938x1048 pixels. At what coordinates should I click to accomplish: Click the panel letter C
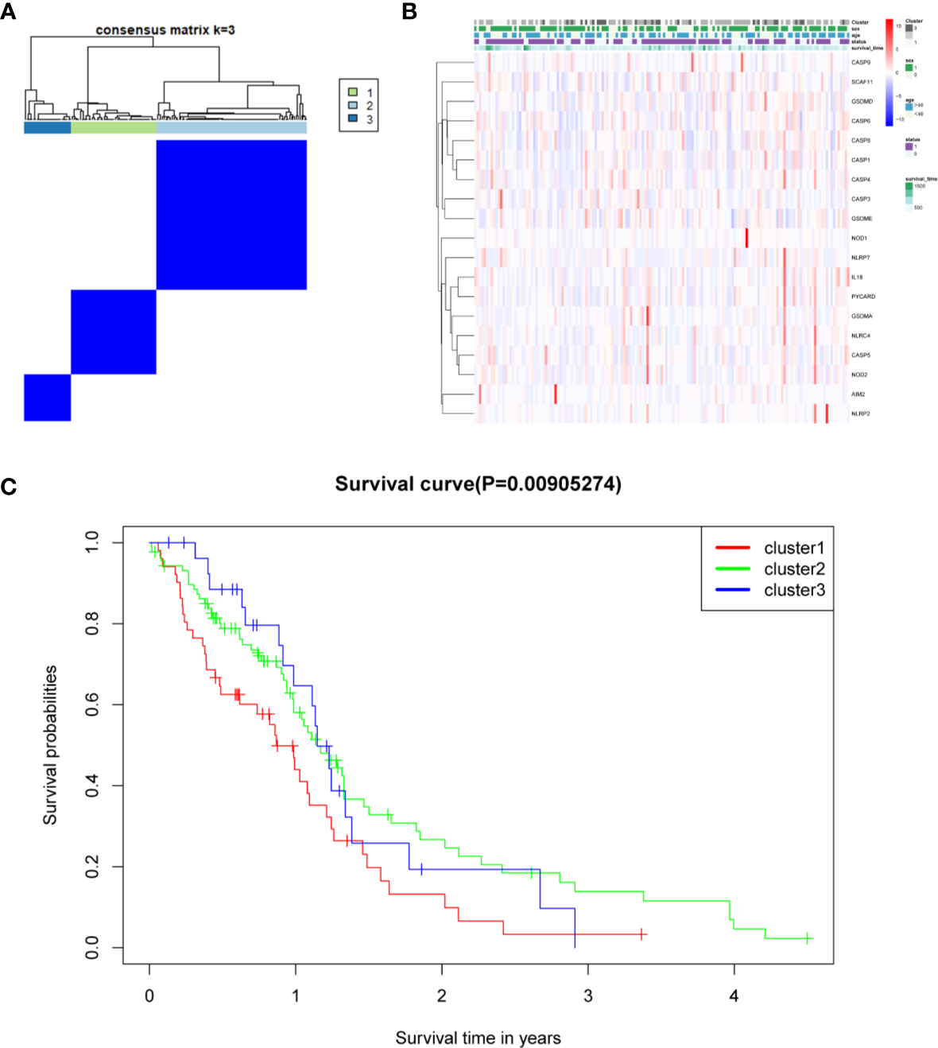pyautogui.click(x=9, y=486)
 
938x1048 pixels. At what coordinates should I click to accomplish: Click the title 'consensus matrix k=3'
pyautogui.click(x=165, y=30)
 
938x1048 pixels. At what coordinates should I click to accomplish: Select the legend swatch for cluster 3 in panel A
pyautogui.click(x=352, y=118)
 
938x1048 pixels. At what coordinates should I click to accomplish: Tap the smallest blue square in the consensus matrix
pyautogui.click(x=47, y=397)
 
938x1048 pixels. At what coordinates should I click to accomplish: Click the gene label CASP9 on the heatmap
pyautogui.click(x=860, y=62)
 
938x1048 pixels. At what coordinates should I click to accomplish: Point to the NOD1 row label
pyautogui.click(x=859, y=238)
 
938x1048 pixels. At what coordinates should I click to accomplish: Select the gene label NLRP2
pyautogui.click(x=860, y=413)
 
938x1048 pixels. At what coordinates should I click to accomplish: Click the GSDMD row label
pyautogui.click(x=862, y=101)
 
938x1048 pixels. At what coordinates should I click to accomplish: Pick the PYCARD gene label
pyautogui.click(x=862, y=297)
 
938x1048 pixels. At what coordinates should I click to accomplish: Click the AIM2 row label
pyautogui.click(x=858, y=394)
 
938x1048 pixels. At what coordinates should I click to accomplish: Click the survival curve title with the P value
pyautogui.click(x=478, y=483)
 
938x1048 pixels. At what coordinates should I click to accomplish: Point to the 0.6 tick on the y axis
pyautogui.click(x=92, y=704)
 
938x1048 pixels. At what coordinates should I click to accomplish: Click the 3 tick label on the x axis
pyautogui.click(x=587, y=996)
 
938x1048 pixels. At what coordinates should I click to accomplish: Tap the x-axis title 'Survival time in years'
pyautogui.click(x=478, y=1038)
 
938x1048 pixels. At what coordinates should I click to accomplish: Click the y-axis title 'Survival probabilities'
pyautogui.click(x=50, y=744)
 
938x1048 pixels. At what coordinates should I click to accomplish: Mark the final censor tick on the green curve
pyautogui.click(x=807, y=938)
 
